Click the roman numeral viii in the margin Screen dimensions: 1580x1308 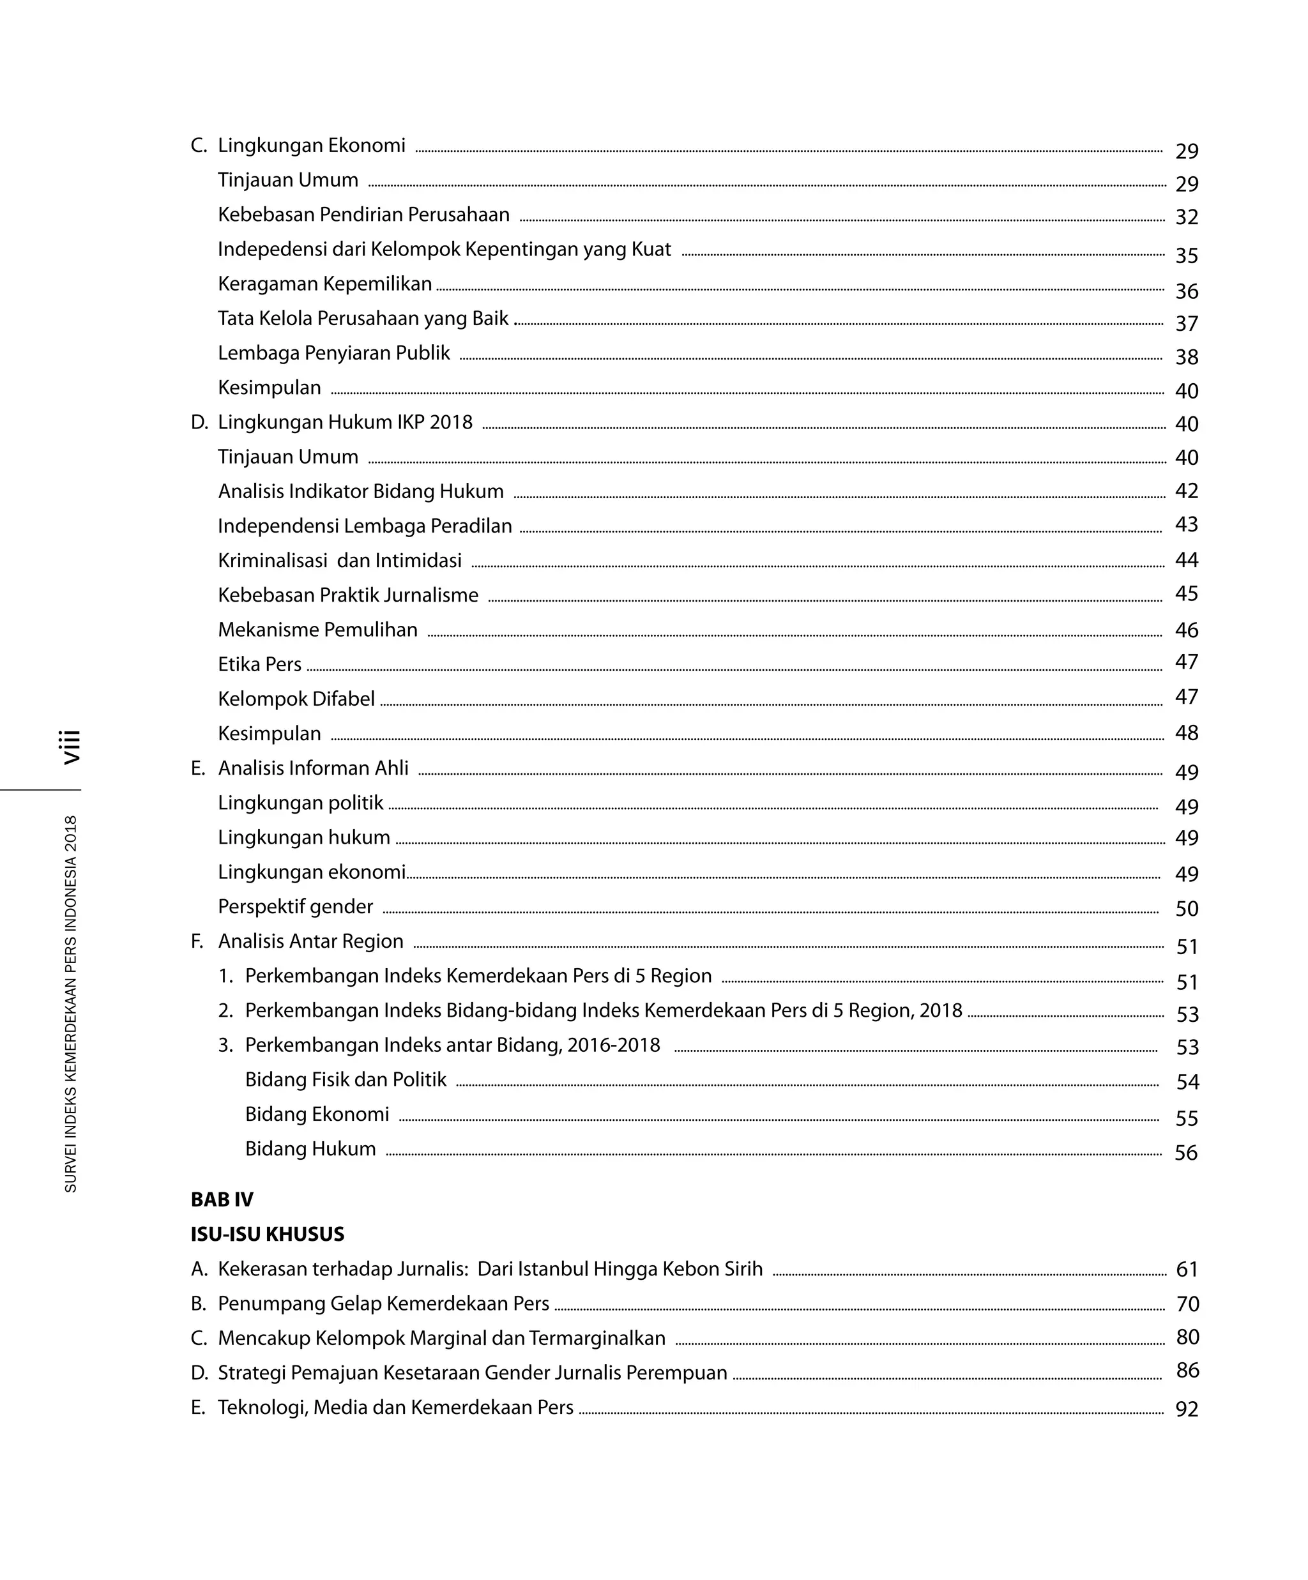coord(72,747)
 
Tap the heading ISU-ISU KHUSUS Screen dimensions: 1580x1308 coord(267,1234)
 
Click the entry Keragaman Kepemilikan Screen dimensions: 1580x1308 coord(324,284)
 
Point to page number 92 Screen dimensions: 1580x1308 coord(1186,1409)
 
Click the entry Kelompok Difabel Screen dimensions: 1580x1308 coord(296,699)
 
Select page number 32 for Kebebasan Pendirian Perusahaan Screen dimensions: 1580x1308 coord(1186,217)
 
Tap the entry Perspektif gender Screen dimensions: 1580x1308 coord(295,907)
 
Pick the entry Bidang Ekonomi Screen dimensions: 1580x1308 coord(317,1114)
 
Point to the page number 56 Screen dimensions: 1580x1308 coord(1185,1153)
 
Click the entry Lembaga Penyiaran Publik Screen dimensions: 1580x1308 coord(333,353)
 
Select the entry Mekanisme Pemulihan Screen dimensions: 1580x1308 coord(317,630)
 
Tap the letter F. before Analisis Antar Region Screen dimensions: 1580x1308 coord(197,941)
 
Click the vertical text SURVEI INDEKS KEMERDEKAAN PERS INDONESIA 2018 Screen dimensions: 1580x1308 coord(71,1004)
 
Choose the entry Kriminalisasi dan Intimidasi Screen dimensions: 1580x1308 coord(339,561)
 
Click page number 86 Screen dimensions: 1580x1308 coord(1187,1370)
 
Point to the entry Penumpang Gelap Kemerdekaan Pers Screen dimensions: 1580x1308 coord(383,1304)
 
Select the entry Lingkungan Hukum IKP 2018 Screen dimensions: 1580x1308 coord(345,422)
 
